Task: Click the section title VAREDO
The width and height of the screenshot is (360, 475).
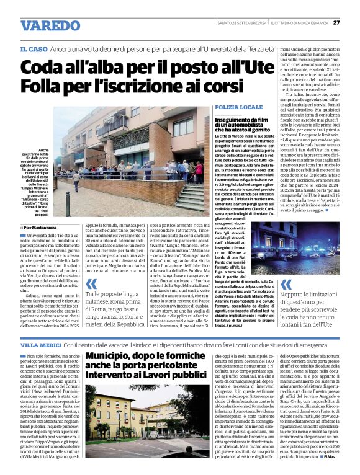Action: pyautogui.click(x=46, y=25)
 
